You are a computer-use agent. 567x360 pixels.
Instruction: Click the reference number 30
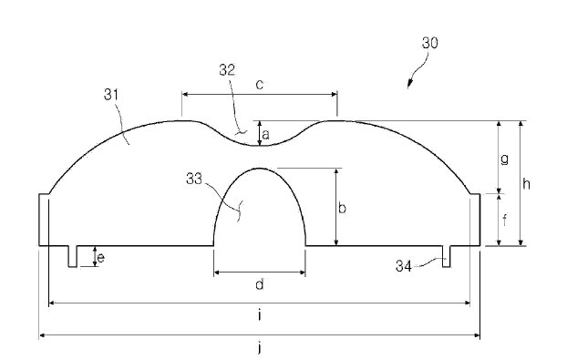(x=430, y=43)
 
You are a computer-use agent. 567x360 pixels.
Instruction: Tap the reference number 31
(x=111, y=95)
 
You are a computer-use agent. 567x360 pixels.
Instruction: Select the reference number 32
(x=227, y=70)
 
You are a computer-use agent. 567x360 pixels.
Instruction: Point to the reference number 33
(x=194, y=179)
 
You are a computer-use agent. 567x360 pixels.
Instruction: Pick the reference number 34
(x=404, y=266)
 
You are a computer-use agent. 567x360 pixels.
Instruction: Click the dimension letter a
(x=266, y=135)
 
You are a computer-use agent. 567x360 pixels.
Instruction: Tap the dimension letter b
(x=342, y=208)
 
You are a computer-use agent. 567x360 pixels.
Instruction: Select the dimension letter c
(x=260, y=85)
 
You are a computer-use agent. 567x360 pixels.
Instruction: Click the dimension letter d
(x=260, y=284)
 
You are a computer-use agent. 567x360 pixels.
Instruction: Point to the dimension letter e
(x=101, y=258)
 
